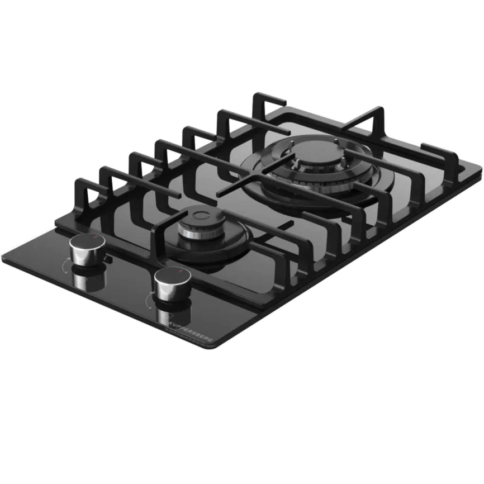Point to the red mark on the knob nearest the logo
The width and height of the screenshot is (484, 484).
tap(181, 272)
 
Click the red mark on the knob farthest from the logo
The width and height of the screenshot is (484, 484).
tap(96, 239)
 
